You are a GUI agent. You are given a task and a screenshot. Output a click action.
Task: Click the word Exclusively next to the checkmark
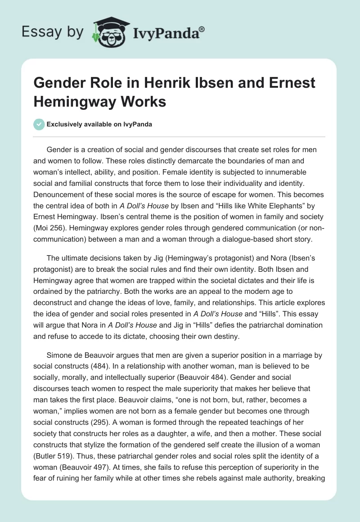[63, 124]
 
